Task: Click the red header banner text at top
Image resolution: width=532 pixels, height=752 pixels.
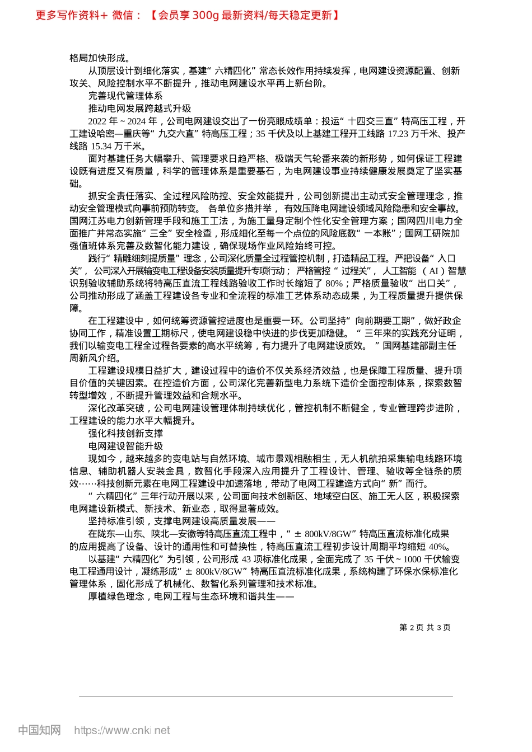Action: tap(187, 15)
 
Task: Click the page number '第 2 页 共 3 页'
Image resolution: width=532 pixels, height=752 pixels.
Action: tap(424, 627)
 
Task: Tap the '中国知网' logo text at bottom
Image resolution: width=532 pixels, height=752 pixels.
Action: tap(39, 730)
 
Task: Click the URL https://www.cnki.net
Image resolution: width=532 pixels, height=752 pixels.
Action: tap(122, 730)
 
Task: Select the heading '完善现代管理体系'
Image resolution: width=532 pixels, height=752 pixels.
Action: tap(125, 96)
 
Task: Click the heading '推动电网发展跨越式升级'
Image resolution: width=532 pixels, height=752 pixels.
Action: tap(139, 109)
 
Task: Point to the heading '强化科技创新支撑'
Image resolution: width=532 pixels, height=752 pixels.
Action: tap(125, 434)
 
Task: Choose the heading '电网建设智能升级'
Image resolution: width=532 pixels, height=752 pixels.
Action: tap(125, 446)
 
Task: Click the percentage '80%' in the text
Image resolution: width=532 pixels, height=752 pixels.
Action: tap(334, 283)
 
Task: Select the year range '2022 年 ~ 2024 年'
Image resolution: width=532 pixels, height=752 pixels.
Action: tap(123, 121)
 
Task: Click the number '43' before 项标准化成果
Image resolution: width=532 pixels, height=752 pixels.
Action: tap(246, 559)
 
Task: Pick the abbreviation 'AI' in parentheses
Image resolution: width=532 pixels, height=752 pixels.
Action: tap(433, 271)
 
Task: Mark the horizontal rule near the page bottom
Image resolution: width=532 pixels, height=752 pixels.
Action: tap(266, 697)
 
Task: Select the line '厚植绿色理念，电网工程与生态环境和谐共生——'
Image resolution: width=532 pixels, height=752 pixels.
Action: tap(191, 596)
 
